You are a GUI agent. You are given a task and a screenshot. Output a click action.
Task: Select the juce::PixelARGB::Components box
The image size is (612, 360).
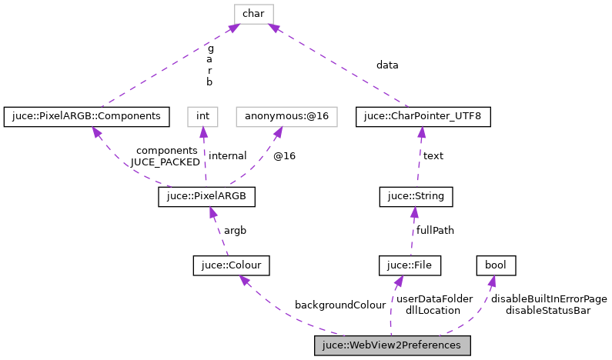[x=86, y=116]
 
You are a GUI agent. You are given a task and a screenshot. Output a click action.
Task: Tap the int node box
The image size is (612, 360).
[x=203, y=116]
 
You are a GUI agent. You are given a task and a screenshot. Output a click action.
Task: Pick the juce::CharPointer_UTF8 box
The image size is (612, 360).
[x=423, y=116]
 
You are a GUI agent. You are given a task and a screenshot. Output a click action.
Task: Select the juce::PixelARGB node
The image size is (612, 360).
[x=206, y=197]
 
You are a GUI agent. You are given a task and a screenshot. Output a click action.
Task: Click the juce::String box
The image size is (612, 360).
[x=416, y=197]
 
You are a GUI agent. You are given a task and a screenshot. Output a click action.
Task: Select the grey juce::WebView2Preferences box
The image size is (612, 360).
[x=392, y=346]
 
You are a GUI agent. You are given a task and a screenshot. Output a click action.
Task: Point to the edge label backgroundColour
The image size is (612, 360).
[x=340, y=305]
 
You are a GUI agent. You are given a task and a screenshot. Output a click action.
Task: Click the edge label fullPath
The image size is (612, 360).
[x=435, y=230]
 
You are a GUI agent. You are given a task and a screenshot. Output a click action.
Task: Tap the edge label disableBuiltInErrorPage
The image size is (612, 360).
[x=549, y=298]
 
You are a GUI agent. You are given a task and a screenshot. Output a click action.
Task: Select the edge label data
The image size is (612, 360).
[x=387, y=65]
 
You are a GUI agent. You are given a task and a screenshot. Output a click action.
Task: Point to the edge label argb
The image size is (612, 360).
[x=235, y=230]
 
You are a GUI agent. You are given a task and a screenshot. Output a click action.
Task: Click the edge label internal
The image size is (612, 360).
[x=228, y=155]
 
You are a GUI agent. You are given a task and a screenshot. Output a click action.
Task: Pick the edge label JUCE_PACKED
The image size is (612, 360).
[x=166, y=162]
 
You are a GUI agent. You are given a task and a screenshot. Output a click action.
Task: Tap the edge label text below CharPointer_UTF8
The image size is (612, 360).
[x=433, y=155]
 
